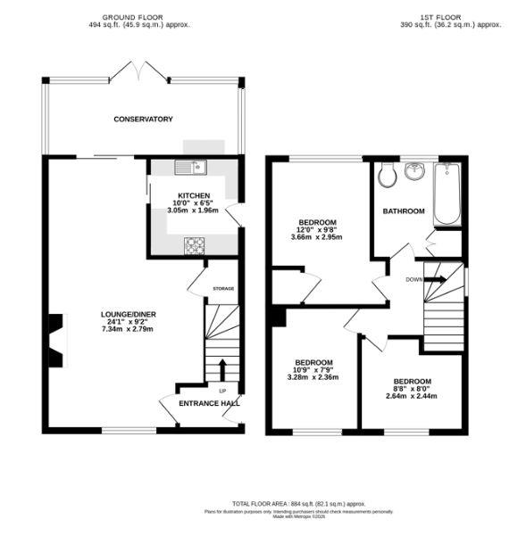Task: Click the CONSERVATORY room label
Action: [143, 119]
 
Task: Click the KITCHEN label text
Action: [194, 195]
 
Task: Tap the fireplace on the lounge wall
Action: [56, 341]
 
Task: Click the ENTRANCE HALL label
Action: [210, 404]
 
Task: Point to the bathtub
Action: [448, 194]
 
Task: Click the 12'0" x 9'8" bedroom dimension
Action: [317, 230]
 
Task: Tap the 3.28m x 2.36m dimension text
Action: [313, 377]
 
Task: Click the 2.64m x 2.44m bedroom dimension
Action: [412, 396]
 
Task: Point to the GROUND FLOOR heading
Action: [134, 17]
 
